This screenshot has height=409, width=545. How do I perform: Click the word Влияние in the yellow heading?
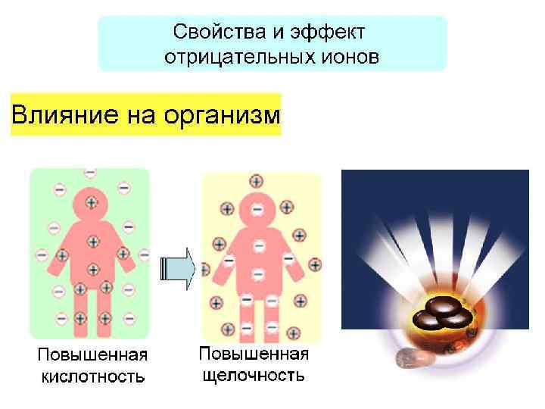(x=53, y=115)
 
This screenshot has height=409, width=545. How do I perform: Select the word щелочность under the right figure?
(x=254, y=374)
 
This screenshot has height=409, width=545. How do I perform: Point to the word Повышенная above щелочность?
(x=254, y=353)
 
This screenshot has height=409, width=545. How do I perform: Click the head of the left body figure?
(x=92, y=203)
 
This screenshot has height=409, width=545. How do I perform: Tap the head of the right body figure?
(x=257, y=209)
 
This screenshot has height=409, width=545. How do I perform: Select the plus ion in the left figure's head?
(x=92, y=202)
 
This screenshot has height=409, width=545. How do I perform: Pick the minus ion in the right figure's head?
(x=257, y=208)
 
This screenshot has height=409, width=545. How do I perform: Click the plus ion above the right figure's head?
(x=254, y=181)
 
